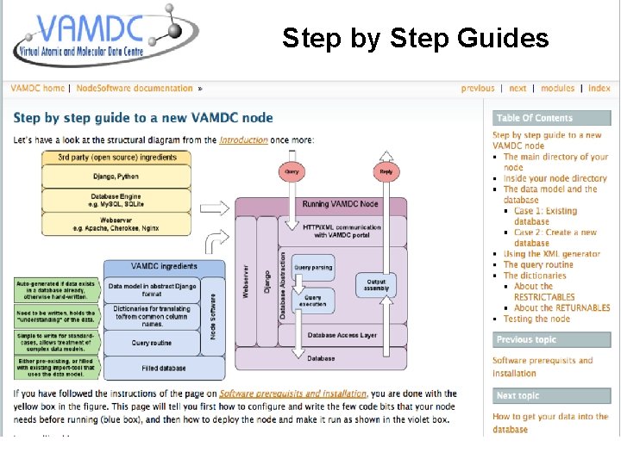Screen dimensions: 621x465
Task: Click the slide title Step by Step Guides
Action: click(415, 39)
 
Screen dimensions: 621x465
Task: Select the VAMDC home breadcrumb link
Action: click(37, 88)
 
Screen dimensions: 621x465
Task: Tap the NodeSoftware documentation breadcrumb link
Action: click(135, 88)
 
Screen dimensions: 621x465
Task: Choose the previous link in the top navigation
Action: click(478, 88)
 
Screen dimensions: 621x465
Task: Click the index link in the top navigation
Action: click(599, 88)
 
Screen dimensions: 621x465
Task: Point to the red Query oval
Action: click(292, 171)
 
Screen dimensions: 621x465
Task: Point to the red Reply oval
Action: click(386, 171)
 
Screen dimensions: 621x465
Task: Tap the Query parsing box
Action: click(313, 267)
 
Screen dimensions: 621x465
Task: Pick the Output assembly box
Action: click(377, 284)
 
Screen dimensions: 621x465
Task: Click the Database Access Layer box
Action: click(342, 336)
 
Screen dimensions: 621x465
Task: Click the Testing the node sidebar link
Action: click(536, 319)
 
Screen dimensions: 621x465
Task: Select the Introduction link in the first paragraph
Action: click(243, 139)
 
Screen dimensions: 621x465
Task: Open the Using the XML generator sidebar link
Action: click(552, 254)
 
